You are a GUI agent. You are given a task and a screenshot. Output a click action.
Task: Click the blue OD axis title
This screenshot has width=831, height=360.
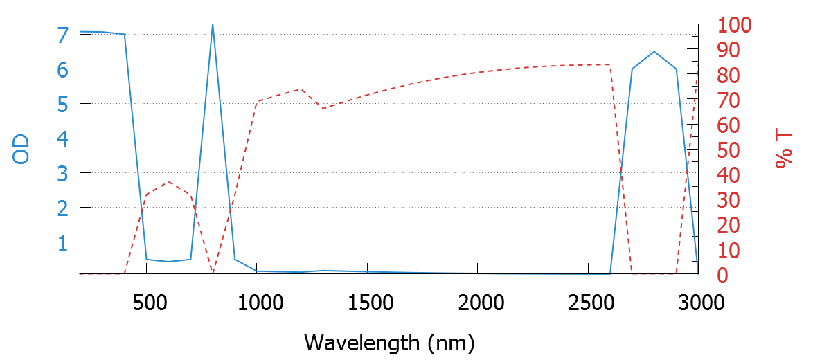21,150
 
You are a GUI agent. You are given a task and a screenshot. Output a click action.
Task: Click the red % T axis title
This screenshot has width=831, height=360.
783,150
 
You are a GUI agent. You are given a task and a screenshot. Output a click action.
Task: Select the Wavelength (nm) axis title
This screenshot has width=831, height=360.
389,342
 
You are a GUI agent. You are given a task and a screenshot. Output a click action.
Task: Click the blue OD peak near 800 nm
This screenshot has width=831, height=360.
213,25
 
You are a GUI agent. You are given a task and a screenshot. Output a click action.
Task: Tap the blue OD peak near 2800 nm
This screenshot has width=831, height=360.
654,52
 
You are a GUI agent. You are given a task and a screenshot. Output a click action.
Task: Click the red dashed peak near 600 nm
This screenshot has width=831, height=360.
169,181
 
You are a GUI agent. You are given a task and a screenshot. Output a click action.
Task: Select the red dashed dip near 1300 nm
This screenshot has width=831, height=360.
323,108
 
